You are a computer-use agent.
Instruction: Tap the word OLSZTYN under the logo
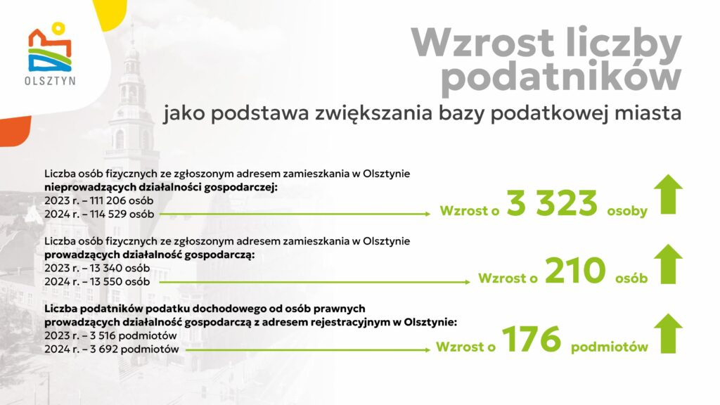point(50,80)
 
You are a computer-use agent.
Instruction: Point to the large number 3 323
point(552,204)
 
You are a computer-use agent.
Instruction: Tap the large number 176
point(532,340)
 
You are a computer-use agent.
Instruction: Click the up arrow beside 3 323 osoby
point(669,195)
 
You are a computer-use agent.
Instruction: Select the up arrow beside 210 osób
point(669,264)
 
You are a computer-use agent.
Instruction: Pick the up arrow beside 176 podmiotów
point(669,333)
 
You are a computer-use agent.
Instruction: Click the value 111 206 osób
point(116,200)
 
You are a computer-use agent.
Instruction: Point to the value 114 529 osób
point(117,212)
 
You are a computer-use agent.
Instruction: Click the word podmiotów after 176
point(610,347)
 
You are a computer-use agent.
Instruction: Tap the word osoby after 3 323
point(627,211)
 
